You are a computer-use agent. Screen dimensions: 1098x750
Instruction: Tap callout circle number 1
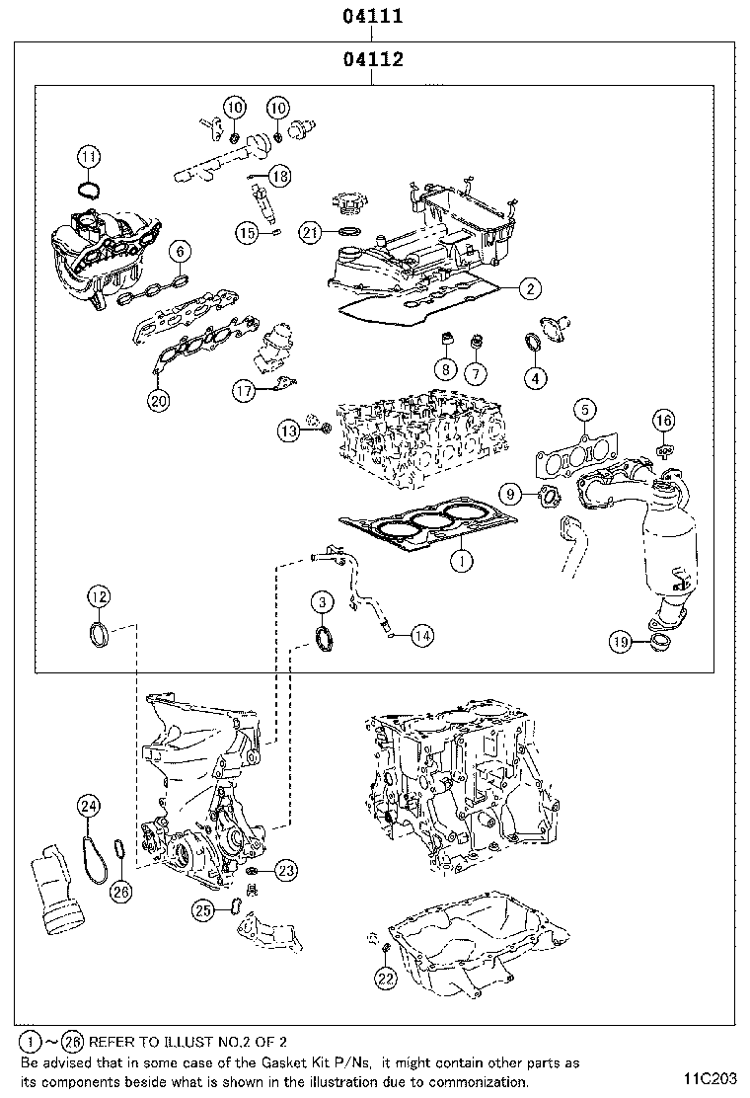click(459, 561)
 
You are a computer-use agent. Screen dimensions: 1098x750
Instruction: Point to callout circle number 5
click(583, 409)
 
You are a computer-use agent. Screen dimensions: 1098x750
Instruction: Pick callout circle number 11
click(89, 156)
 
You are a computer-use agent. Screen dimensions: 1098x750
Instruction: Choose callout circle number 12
click(98, 595)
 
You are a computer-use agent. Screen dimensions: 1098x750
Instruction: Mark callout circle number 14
click(421, 636)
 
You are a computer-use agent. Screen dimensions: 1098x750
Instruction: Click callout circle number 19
click(619, 643)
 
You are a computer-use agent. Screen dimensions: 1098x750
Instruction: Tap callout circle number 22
click(384, 978)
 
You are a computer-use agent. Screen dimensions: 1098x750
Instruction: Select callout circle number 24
click(89, 807)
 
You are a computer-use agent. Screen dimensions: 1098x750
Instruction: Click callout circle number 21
click(311, 232)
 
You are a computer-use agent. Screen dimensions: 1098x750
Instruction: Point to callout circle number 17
click(244, 391)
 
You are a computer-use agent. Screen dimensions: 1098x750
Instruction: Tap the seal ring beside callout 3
click(324, 638)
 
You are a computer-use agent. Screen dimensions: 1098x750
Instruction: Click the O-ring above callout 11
click(89, 188)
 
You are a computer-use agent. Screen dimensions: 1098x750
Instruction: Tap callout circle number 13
click(287, 431)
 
